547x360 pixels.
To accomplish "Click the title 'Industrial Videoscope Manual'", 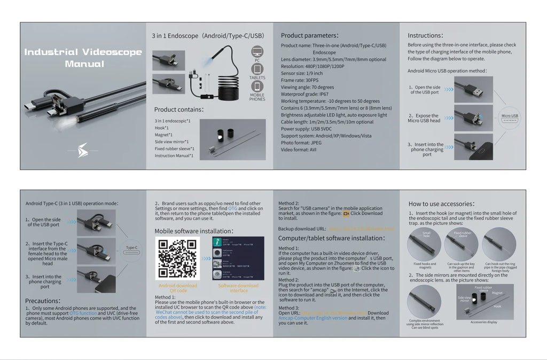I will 83,58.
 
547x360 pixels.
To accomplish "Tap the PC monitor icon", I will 257,52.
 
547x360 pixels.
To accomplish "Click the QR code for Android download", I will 178,259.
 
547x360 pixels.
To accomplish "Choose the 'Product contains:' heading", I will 179,109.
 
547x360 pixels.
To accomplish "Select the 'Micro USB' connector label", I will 510,116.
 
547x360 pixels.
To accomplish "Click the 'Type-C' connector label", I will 132,248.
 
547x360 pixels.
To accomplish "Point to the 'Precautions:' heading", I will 43,301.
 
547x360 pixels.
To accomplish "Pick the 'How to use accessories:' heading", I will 441,204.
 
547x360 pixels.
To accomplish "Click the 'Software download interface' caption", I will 239,288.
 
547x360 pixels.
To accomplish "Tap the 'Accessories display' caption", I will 483,322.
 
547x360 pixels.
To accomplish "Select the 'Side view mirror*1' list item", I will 171,142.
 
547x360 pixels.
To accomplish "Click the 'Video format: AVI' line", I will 299,150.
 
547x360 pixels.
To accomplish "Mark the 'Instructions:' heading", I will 425,35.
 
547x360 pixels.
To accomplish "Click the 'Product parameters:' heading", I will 310,35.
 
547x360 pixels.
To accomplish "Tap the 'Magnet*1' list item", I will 164,135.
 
